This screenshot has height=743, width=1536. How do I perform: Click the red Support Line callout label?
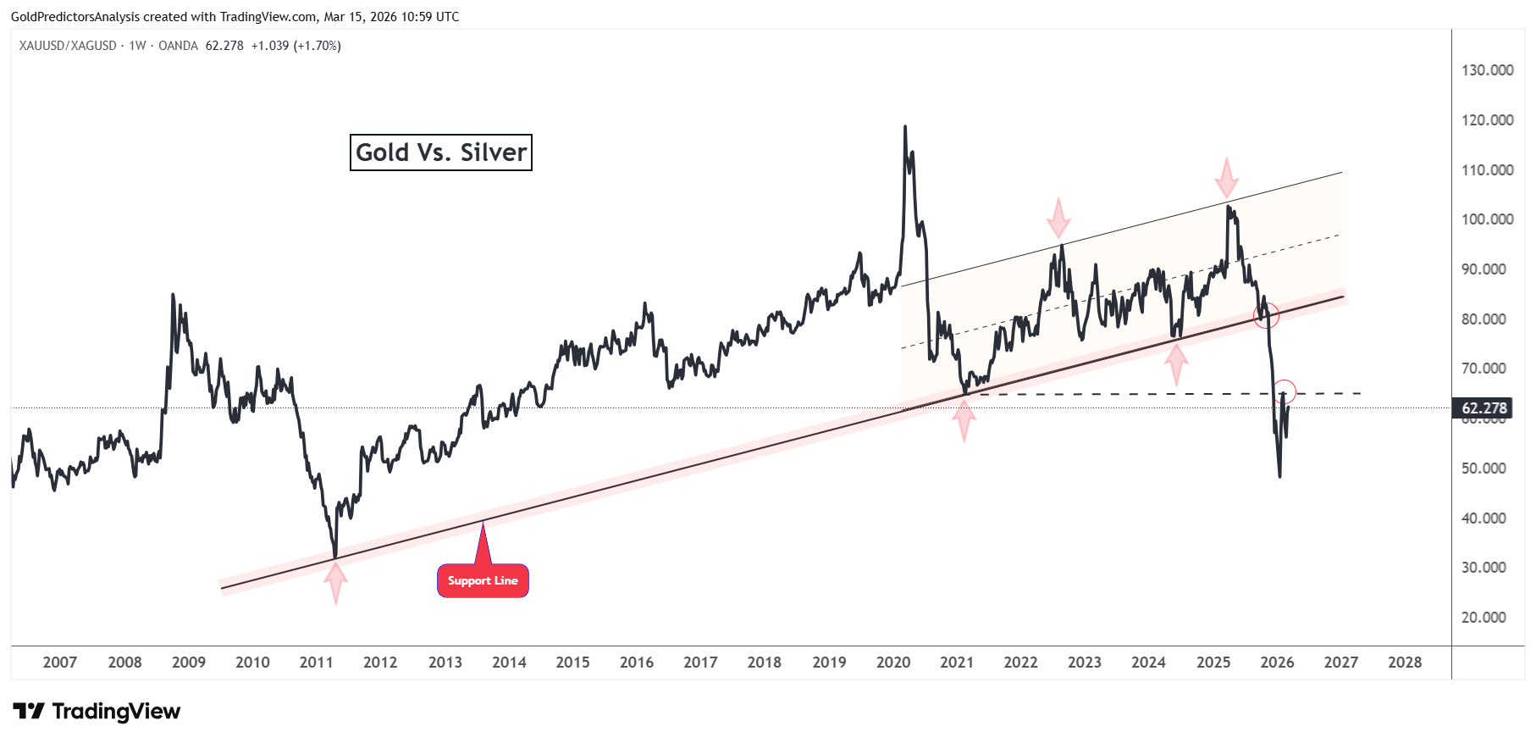(483, 580)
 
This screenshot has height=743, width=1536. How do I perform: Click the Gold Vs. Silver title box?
(441, 152)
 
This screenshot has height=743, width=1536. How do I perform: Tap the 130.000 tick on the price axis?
(1487, 70)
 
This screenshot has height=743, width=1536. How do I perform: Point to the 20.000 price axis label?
(1484, 618)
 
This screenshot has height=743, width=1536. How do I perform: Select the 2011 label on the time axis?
(316, 663)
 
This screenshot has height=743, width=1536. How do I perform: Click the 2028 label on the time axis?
(1405, 663)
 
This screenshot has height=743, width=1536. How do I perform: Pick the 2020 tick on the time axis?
(893, 663)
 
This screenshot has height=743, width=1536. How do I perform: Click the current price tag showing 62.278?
(1484, 408)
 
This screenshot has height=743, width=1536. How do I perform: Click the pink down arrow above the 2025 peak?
(1226, 177)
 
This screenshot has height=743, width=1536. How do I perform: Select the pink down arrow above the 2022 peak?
(1058, 218)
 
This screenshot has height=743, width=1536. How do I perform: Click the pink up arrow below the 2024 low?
(1176, 363)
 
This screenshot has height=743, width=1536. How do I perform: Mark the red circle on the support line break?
(1266, 315)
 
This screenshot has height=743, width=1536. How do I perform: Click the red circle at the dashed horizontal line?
(1284, 391)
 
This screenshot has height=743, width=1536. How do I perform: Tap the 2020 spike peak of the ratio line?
(904, 127)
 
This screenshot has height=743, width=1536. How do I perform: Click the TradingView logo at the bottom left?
(97, 712)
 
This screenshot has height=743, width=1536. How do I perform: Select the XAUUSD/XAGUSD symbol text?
(68, 46)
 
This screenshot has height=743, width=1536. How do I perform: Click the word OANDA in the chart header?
(178, 46)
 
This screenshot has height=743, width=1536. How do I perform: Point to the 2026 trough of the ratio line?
(1279, 476)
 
